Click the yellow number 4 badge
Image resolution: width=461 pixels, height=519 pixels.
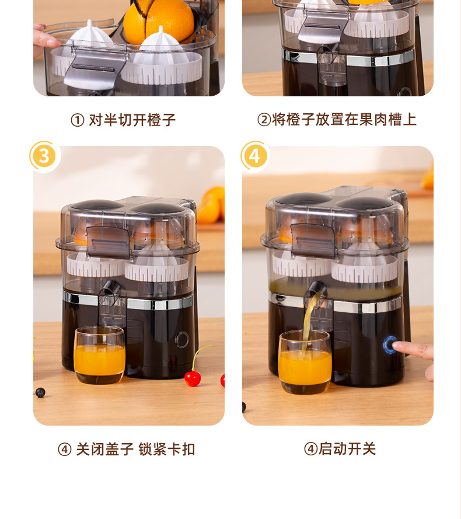(x=254, y=156)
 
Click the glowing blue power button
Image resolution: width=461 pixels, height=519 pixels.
(x=390, y=345)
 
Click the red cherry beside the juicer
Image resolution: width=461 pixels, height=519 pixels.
(x=193, y=378)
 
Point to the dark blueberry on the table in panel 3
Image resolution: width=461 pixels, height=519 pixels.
(x=40, y=392)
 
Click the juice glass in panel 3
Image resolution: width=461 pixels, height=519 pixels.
(x=99, y=355)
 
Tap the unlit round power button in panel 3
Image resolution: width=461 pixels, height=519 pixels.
(x=181, y=340)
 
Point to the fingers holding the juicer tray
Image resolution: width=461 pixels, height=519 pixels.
(x=45, y=39)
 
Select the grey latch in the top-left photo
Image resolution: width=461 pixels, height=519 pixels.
(x=95, y=68)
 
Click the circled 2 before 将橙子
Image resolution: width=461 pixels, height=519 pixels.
(x=264, y=120)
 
